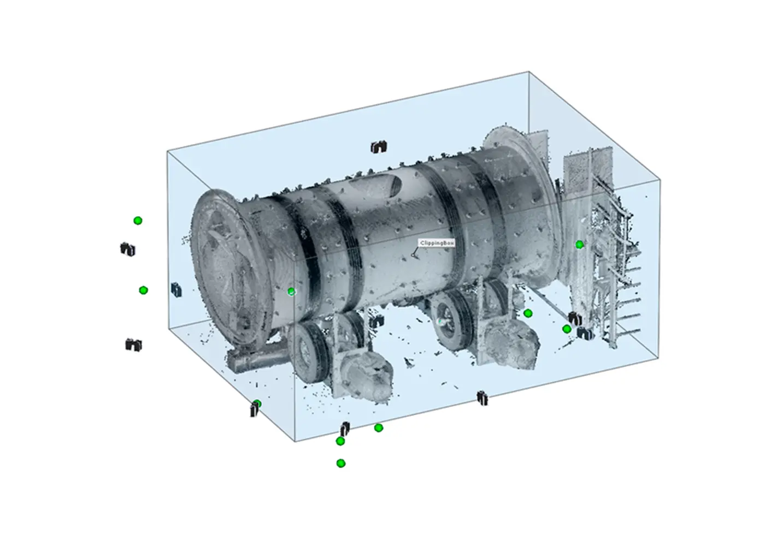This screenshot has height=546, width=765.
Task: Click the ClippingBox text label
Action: [437, 243]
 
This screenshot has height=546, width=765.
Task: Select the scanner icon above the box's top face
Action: [378, 146]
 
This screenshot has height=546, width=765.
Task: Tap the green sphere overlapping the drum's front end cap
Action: [291, 292]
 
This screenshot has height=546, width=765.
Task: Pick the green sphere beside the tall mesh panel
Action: [579, 245]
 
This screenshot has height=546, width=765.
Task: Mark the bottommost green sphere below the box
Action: [341, 463]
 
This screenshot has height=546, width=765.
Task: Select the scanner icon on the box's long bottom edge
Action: [482, 398]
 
